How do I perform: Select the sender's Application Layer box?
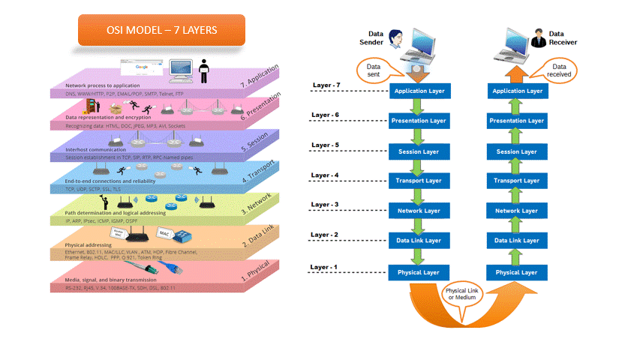click(x=418, y=91)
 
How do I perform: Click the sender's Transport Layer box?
click(x=418, y=181)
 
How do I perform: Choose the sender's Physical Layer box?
click(x=418, y=271)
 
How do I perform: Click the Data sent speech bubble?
click(x=373, y=70)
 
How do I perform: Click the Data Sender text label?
click(x=377, y=37)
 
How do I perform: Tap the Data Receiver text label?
click(x=563, y=37)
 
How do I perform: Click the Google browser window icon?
click(x=140, y=67)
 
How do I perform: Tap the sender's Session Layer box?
click(x=418, y=151)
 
